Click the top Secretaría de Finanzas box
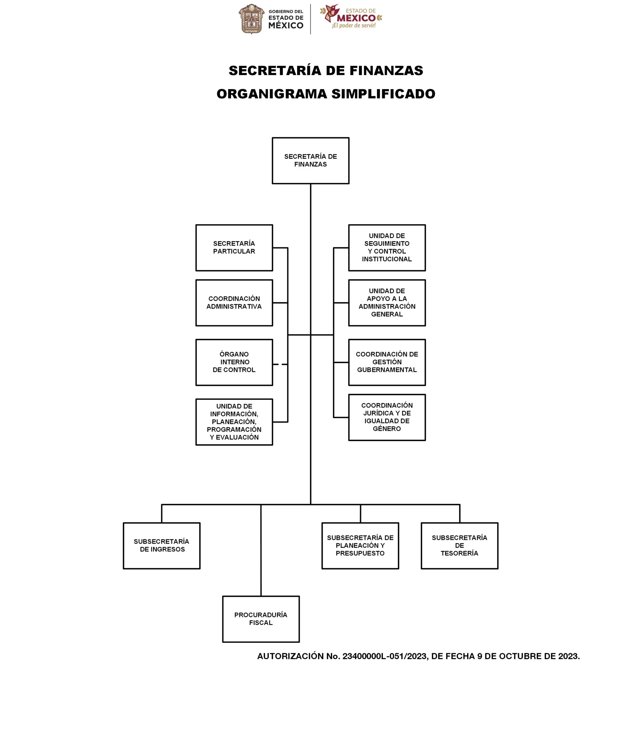point(310,161)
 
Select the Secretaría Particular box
point(234,248)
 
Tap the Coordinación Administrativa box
point(234,303)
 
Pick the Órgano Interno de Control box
point(234,362)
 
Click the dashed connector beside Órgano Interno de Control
point(280,364)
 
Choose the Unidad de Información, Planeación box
point(234,422)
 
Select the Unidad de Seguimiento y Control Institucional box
point(387,248)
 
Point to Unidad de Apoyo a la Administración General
point(387,303)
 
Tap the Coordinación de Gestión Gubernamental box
point(387,362)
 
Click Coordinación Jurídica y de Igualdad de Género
point(387,417)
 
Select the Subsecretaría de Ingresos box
point(161,546)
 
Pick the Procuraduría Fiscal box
point(261,619)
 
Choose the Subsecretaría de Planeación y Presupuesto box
point(360,546)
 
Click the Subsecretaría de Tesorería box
point(459,546)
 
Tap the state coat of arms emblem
point(251,19)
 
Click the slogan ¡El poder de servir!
point(354,26)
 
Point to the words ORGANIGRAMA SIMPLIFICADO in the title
point(326,94)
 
